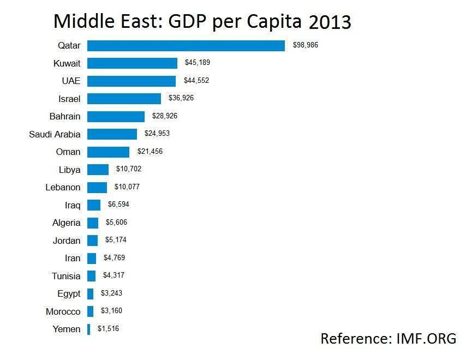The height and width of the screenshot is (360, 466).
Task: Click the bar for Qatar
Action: pyautogui.click(x=186, y=46)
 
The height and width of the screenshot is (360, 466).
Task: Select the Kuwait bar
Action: pyautogui.click(x=132, y=63)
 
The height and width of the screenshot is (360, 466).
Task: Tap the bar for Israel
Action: pyautogui.click(x=124, y=99)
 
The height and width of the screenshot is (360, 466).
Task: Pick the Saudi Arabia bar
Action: pyautogui.click(x=112, y=134)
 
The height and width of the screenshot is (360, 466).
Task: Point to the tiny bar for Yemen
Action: pyautogui.click(x=88, y=329)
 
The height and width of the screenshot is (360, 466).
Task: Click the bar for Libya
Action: pyautogui.click(x=98, y=170)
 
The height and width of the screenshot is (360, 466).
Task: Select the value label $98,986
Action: pyautogui.click(x=306, y=45)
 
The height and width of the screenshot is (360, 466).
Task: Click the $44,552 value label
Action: pyautogui.click(x=196, y=80)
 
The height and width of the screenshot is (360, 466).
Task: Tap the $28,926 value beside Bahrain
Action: pyautogui.click(x=165, y=116)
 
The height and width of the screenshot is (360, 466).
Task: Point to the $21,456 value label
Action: pyautogui.click(x=150, y=151)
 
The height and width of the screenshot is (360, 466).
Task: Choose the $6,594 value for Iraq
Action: pyautogui.click(x=118, y=204)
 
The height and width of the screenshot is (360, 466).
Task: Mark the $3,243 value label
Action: pyautogui.click(x=111, y=293)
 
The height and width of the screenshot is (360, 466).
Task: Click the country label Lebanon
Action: pyautogui.click(x=63, y=188)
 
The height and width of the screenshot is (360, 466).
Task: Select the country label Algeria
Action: pyautogui.click(x=66, y=223)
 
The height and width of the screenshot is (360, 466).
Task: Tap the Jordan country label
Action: pyautogui.click(x=67, y=241)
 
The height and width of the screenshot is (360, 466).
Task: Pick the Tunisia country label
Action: pyautogui.click(x=66, y=276)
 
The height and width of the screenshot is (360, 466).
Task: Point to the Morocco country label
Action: pyautogui.click(x=63, y=311)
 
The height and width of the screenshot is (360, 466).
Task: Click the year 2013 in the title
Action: pyautogui.click(x=330, y=22)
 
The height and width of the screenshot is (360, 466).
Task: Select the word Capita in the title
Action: pyautogui.click(x=274, y=22)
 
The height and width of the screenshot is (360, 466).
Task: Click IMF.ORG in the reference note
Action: pyautogui.click(x=427, y=339)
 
